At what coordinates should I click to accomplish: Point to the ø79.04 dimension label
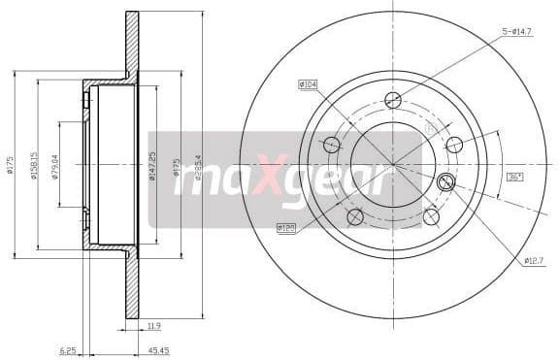[x=55, y=168]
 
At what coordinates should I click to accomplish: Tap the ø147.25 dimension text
[x=151, y=167]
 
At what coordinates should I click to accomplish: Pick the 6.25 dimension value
[x=68, y=351]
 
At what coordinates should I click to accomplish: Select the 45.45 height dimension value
[x=157, y=351]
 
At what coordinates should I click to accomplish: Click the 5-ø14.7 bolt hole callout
[x=517, y=32]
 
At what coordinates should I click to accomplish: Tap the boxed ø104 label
[x=309, y=84]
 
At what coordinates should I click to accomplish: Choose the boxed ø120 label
[x=286, y=228]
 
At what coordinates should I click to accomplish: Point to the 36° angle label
[x=514, y=177]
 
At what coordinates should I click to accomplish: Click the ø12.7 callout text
[x=533, y=259]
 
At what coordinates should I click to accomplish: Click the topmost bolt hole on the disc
[x=393, y=100]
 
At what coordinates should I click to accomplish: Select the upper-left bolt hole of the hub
[x=332, y=145]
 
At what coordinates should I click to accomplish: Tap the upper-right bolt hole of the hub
[x=453, y=145]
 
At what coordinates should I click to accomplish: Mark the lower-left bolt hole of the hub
[x=355, y=216]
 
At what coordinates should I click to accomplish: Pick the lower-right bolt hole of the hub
[x=431, y=216]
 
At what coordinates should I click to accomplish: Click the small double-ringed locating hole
[x=446, y=181]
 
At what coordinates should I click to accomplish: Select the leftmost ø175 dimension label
[x=10, y=166]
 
